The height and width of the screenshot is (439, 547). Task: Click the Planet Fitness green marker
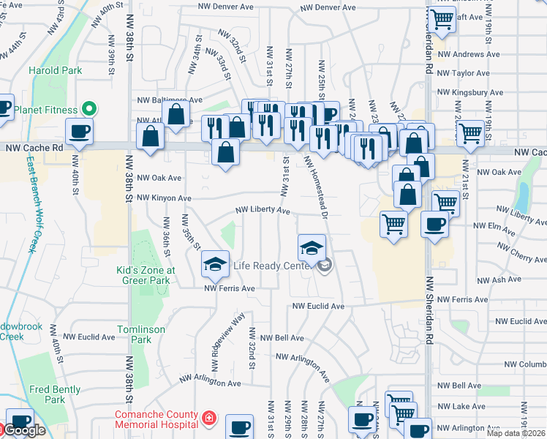pos(88,110)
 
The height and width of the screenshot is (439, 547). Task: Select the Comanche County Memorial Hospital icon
pos(209,418)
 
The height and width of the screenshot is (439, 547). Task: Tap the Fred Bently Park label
pos(54,394)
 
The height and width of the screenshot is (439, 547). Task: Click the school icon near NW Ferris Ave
pos(215,264)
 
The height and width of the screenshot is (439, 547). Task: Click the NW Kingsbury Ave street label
pos(470,93)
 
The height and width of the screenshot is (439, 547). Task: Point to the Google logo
pos(25,431)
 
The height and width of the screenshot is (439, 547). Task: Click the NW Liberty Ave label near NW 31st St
pos(263,210)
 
